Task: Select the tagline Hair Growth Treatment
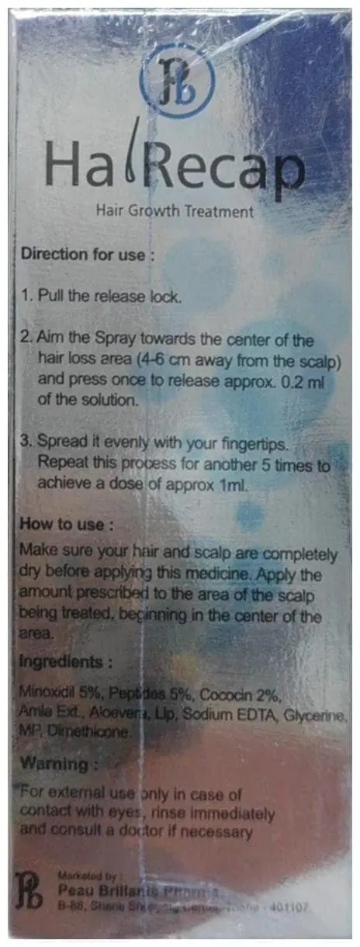click(175, 210)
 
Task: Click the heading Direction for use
click(82, 254)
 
